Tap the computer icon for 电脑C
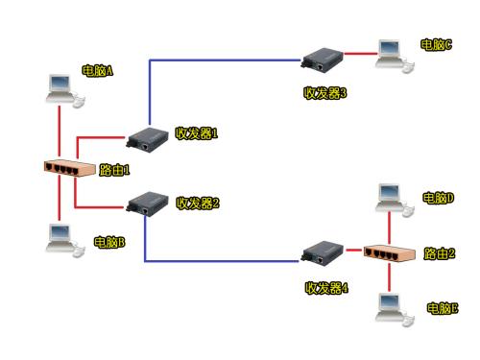click(392, 55)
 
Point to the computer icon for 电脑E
click(391, 305)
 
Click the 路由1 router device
click(71, 169)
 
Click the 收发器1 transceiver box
click(148, 139)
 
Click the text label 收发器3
click(324, 93)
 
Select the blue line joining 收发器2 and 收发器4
click(221, 260)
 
